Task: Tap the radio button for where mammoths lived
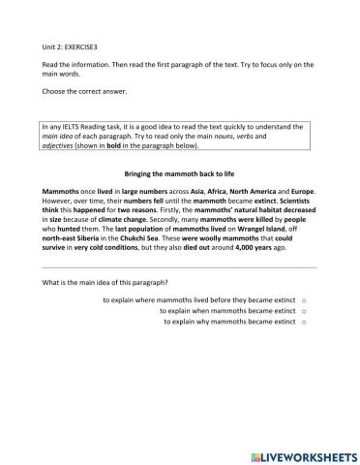pos(304,301)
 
